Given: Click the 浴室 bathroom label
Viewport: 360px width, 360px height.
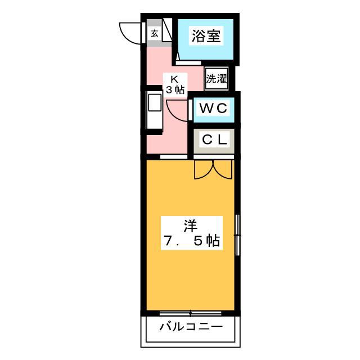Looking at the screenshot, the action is click(206, 36).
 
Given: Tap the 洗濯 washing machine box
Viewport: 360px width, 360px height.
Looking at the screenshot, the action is click(216, 79).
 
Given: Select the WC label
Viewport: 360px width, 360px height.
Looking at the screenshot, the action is click(214, 108).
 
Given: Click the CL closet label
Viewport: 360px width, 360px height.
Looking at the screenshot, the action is click(214, 139).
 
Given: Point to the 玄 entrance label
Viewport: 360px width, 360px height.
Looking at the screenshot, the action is click(155, 34).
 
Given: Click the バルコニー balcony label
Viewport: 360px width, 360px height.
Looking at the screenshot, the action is click(191, 326).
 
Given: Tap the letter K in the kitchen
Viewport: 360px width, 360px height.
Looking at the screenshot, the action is click(174, 79).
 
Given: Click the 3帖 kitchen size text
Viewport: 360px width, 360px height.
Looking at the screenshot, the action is click(175, 89).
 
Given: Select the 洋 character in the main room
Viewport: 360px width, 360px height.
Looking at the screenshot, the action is click(191, 226).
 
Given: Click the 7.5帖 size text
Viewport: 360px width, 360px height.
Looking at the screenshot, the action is click(191, 241).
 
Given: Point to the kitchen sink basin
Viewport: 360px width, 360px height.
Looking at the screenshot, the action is click(155, 102).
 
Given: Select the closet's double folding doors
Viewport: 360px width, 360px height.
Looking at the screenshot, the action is click(213, 170).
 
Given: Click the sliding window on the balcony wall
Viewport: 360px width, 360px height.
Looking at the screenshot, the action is click(190, 313).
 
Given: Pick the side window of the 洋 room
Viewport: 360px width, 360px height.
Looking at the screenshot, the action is click(237, 235).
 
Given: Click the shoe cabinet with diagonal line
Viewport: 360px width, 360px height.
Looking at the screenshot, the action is click(167, 30).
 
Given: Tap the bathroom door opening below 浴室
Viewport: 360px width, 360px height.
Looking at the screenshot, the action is click(188, 63).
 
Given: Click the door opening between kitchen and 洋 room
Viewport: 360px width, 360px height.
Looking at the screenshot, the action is click(174, 157).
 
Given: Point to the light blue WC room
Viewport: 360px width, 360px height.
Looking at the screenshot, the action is click(214, 110).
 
